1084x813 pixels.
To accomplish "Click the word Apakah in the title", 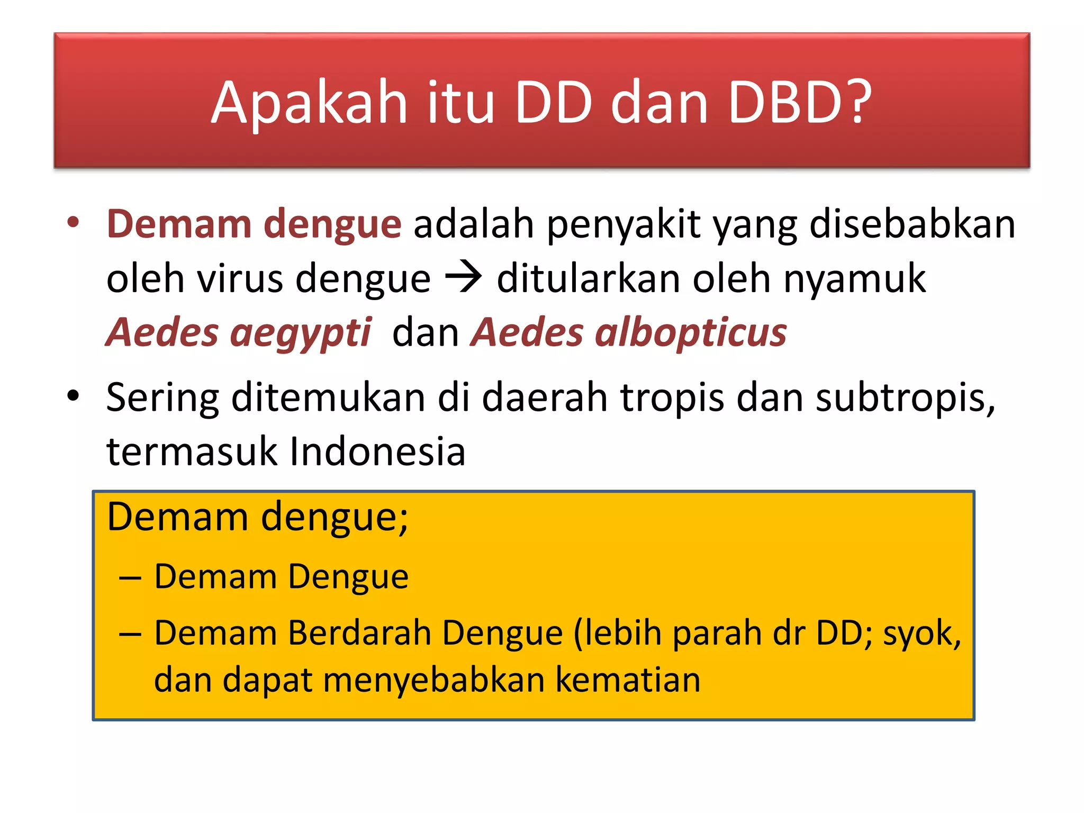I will click(309, 103).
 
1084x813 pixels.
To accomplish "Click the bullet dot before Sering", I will click(73, 395).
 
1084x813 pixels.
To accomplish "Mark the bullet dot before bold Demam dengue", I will click(73, 222).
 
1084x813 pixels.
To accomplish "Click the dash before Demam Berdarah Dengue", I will click(130, 634).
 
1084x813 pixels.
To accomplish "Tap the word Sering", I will click(162, 398).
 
